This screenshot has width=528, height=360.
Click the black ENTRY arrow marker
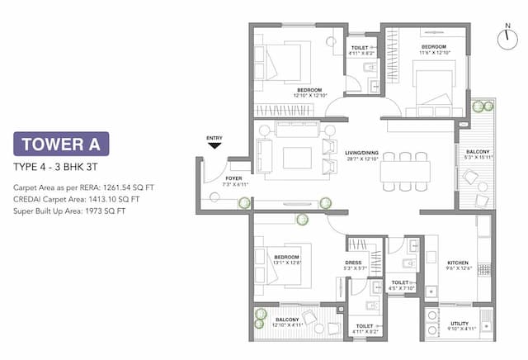coord(215,145)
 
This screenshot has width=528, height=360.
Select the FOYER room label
coord(234,177)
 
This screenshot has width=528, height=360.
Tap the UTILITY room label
coord(460,324)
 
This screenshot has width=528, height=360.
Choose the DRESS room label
coord(353,263)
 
